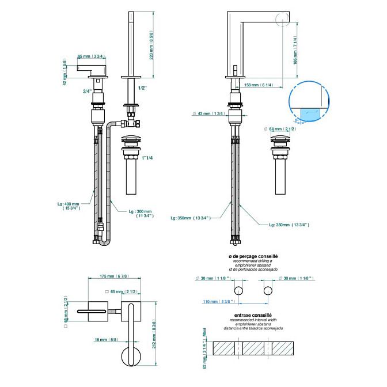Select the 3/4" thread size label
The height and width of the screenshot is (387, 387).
pyautogui.click(x=87, y=91)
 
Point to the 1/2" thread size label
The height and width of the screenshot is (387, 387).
pyautogui.click(x=143, y=88)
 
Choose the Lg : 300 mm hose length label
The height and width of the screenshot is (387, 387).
pyautogui.click(x=141, y=214)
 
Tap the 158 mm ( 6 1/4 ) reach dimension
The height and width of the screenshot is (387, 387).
pyautogui.click(x=259, y=85)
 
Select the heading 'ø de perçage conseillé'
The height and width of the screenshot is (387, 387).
pyautogui.click(x=253, y=255)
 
